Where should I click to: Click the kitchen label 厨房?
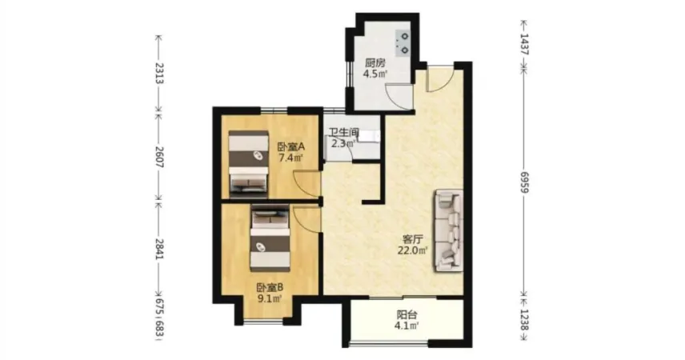point(375,63)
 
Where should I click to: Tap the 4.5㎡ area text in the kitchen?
point(375,74)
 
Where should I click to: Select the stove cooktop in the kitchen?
point(403,43)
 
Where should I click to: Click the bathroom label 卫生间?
point(344,132)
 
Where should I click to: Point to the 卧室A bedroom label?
point(291,146)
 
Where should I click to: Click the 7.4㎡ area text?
point(291,158)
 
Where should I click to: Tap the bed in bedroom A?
point(248,162)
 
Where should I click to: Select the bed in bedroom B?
point(270,238)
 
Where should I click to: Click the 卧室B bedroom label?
point(270,287)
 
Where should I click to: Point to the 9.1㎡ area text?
point(270,299)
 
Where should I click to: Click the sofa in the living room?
point(448,230)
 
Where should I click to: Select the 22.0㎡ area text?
point(412,250)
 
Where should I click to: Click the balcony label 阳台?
point(407,314)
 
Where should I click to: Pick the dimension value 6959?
point(525,182)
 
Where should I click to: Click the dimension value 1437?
point(525,44)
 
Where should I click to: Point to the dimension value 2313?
point(160,73)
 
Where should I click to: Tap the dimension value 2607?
point(160,158)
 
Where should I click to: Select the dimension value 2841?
point(160,249)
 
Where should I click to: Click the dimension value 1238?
point(525,320)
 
